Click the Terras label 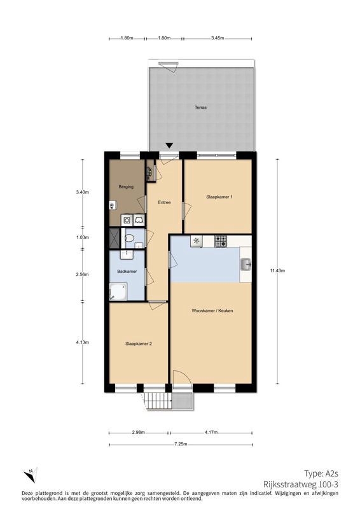(200, 107)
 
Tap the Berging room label (126, 186)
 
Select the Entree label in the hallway (164, 202)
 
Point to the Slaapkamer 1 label (219, 197)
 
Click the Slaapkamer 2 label (139, 344)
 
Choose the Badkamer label (127, 272)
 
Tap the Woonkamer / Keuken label (212, 310)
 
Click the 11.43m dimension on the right (277, 271)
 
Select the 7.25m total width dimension (181, 444)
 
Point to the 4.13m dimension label (83, 342)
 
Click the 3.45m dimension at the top (218, 38)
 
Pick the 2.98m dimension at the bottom (138, 433)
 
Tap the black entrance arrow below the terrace (169, 146)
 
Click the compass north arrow (30, 475)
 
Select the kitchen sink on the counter (246, 265)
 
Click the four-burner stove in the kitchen (221, 241)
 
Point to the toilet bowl (129, 238)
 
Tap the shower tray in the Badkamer (118, 291)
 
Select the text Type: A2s (321, 473)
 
